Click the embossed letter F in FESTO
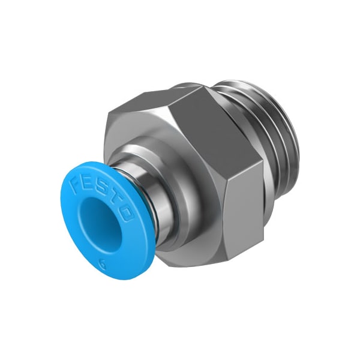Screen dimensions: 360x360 (x=77, y=183)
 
